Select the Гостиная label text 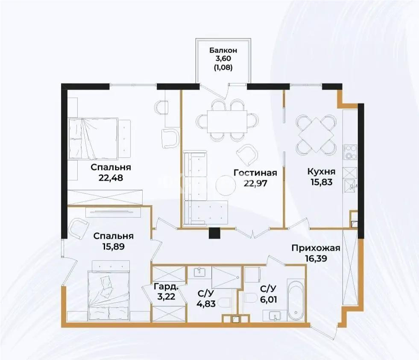coord(255,173)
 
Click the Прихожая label coord(316,248)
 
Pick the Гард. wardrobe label coord(166,287)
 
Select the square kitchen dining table coord(316,135)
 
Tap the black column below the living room coord(214,233)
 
